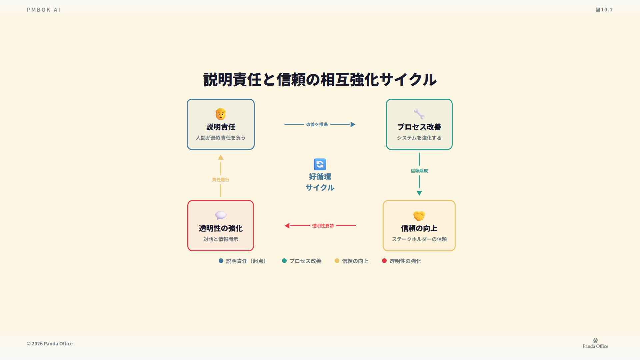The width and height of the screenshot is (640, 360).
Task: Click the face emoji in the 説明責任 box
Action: (x=221, y=114)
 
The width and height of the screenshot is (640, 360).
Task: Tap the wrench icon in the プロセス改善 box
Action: (x=419, y=114)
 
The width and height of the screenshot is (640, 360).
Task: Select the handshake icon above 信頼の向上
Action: (x=419, y=216)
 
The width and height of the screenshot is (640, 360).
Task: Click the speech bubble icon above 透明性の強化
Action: (x=221, y=215)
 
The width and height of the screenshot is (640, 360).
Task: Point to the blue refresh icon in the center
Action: (x=320, y=164)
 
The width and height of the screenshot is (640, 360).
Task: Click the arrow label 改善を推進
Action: (x=317, y=124)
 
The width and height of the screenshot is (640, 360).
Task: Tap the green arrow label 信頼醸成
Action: (x=419, y=171)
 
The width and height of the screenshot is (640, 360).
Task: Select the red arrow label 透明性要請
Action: (x=323, y=226)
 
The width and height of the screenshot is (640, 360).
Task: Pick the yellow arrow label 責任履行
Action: (x=221, y=180)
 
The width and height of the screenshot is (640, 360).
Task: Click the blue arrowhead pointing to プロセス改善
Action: (x=353, y=124)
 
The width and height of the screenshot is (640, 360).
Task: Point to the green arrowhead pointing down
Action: (x=419, y=193)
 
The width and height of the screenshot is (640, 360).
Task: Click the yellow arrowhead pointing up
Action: (x=221, y=157)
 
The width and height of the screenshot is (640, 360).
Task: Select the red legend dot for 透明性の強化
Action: (x=384, y=261)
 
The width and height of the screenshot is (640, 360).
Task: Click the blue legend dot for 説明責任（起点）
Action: (x=221, y=261)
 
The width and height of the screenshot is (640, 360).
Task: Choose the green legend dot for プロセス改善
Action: (x=284, y=261)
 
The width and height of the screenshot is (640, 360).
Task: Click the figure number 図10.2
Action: (x=604, y=10)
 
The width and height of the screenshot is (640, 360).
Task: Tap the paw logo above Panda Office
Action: (x=595, y=340)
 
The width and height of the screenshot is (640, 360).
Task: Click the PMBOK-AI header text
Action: (x=44, y=10)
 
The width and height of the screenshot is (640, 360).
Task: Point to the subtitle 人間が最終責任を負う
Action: (x=221, y=138)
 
